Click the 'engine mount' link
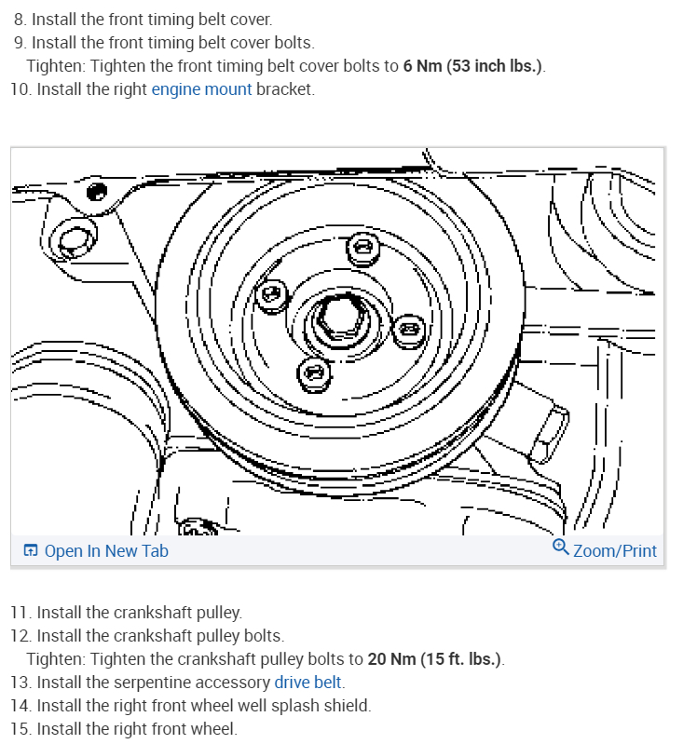tap(201, 89)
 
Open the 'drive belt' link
tap(307, 683)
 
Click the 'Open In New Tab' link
tap(106, 550)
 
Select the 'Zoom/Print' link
tap(614, 550)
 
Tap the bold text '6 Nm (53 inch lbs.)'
tap(473, 66)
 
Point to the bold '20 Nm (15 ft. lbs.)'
tap(434, 659)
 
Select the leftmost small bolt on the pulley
tap(272, 294)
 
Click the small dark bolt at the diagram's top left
tap(93, 193)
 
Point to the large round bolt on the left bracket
tap(73, 241)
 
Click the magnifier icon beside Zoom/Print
tap(560, 548)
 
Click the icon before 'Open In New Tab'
tap(31, 551)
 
